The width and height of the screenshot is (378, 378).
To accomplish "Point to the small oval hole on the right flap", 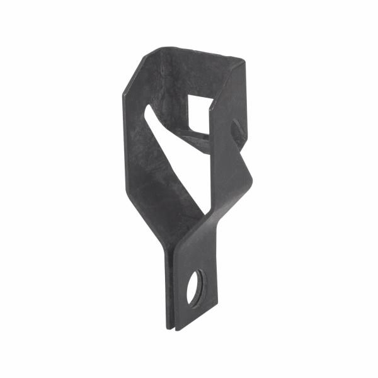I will click(x=236, y=130).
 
